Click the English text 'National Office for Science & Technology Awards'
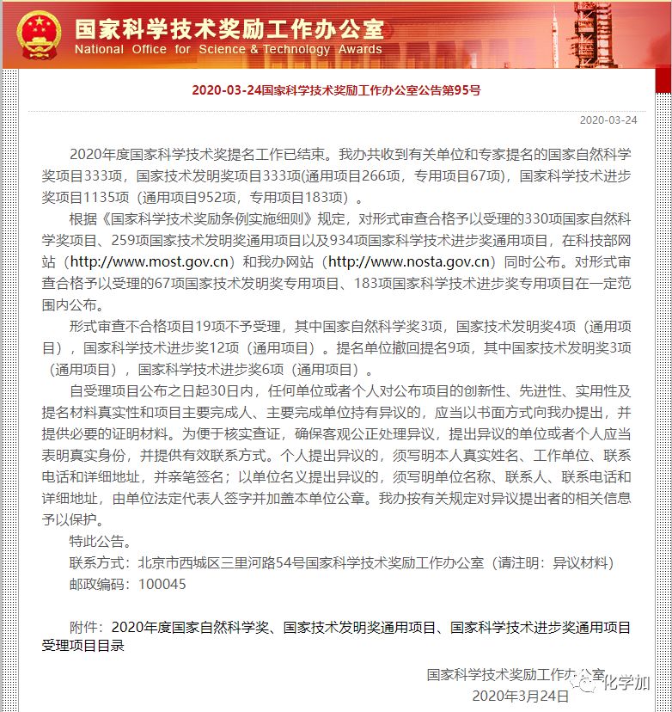click(229, 50)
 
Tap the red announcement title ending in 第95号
click(336, 89)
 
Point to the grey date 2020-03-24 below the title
click(608, 120)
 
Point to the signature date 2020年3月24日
click(520, 696)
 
